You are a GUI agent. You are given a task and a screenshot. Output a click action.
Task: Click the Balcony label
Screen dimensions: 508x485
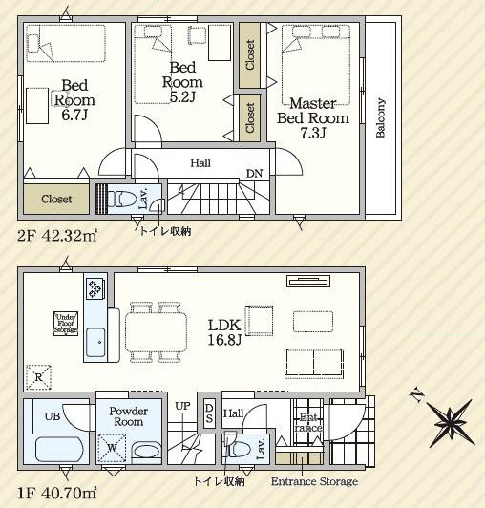coord(381,118)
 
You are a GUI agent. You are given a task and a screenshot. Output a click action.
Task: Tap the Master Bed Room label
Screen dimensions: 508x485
coord(312,117)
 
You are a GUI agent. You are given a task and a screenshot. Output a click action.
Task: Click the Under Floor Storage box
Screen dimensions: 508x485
coord(66,324)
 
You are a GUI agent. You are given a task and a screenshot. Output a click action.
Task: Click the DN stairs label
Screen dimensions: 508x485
coord(255,173)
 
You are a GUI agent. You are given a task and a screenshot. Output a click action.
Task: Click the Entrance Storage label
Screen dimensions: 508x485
coord(314,482)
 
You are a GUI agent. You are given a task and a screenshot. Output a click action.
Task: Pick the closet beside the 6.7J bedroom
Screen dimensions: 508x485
coord(56,200)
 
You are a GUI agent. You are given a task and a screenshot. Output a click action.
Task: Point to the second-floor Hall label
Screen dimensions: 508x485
coord(200,163)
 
